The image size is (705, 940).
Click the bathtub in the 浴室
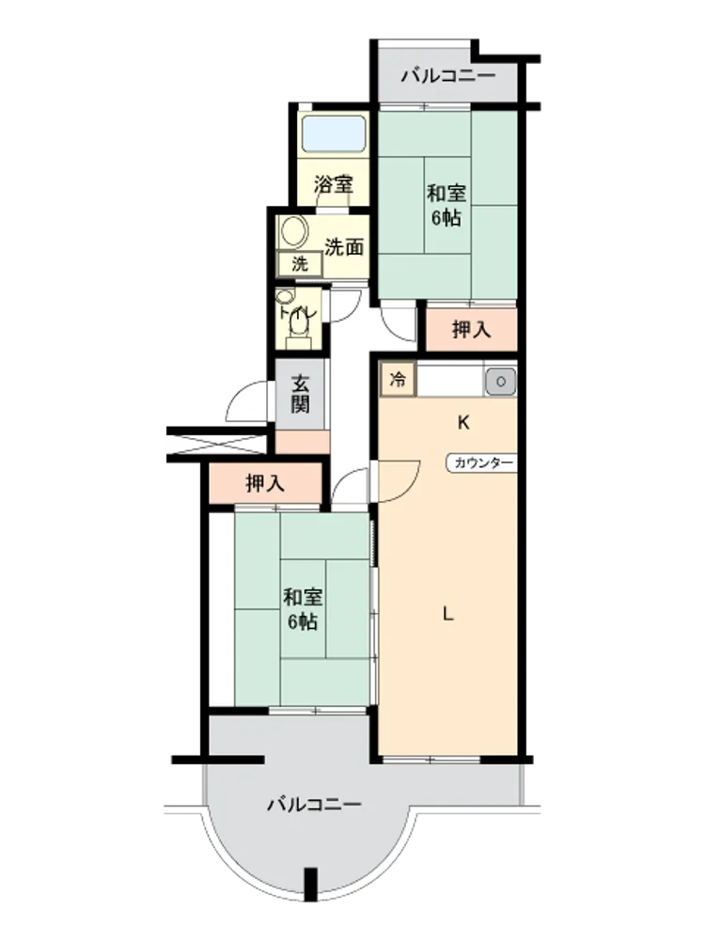(334, 133)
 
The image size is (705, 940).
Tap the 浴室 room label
(334, 184)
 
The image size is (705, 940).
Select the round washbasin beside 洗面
(294, 231)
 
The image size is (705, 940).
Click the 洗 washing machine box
(300, 264)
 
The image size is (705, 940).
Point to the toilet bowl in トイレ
(298, 324)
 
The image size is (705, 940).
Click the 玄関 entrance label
(301, 393)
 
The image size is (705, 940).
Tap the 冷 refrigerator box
(398, 380)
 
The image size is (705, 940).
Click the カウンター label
(483, 462)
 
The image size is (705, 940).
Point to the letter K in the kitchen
(463, 423)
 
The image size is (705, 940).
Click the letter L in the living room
(447, 614)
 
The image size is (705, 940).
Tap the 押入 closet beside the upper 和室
(471, 329)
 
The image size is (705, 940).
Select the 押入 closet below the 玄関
(265, 483)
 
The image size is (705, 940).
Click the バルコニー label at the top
(448, 76)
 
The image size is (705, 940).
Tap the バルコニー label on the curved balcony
(314, 804)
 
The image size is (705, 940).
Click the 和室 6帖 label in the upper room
(446, 206)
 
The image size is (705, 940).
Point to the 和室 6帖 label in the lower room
(302, 610)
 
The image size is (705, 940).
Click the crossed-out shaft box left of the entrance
(216, 445)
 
